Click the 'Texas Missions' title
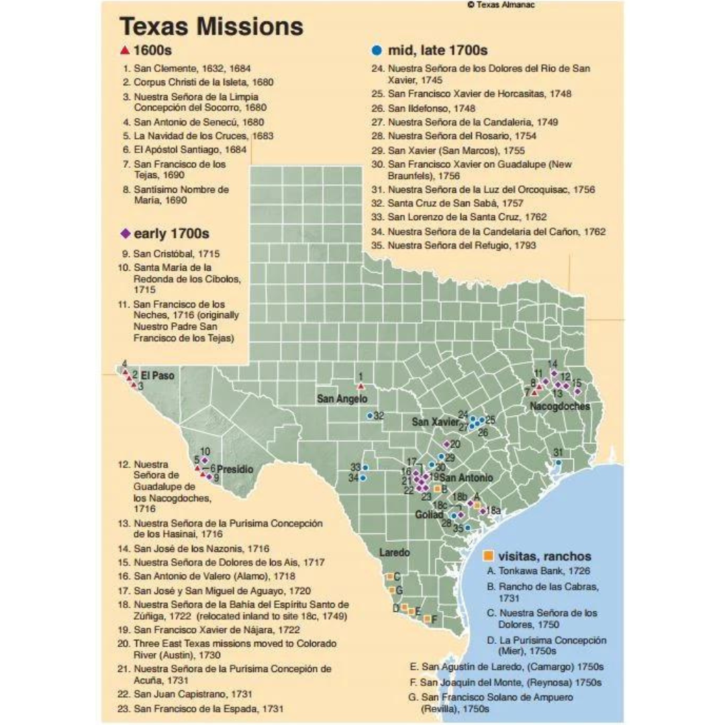(211, 26)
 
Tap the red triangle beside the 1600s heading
(124, 50)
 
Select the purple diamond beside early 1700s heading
(125, 234)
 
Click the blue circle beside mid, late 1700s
(377, 50)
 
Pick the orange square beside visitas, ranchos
(489, 556)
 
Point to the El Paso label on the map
(158, 376)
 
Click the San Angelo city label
(342, 399)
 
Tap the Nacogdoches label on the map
(560, 406)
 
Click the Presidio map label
(236, 469)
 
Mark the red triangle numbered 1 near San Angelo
(360, 387)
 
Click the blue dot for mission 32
(370, 416)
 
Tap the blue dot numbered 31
(558, 462)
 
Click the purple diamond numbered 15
(577, 391)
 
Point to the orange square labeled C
(389, 577)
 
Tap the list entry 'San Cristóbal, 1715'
(177, 254)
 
